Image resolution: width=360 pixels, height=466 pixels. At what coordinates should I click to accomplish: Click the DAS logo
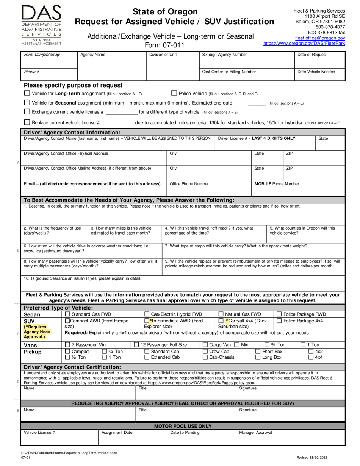[41, 25]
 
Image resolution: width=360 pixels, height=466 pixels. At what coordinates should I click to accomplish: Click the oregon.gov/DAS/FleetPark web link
[304, 44]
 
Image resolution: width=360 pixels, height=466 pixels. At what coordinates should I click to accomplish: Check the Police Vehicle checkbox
[174, 93]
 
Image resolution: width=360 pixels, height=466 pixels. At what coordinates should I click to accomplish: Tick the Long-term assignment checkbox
[27, 93]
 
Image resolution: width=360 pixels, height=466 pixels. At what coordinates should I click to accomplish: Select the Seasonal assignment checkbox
[27, 103]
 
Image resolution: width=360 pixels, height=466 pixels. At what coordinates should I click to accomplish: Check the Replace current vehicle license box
[27, 122]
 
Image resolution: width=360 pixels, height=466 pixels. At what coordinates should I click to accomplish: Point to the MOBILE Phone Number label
[277, 184]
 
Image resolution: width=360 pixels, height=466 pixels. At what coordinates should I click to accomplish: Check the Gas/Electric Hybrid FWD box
[147, 314]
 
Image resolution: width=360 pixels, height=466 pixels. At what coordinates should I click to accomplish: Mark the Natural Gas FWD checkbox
[221, 314]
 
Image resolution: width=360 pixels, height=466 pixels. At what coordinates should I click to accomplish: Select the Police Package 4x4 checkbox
[279, 321]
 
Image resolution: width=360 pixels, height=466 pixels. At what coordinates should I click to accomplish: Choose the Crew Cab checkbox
[205, 352]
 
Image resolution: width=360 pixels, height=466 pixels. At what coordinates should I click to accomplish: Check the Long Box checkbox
[258, 357]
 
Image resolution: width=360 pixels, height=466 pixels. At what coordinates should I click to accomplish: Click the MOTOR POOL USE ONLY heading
[183, 426]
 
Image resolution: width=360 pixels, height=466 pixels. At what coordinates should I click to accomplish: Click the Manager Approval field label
[255, 432]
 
